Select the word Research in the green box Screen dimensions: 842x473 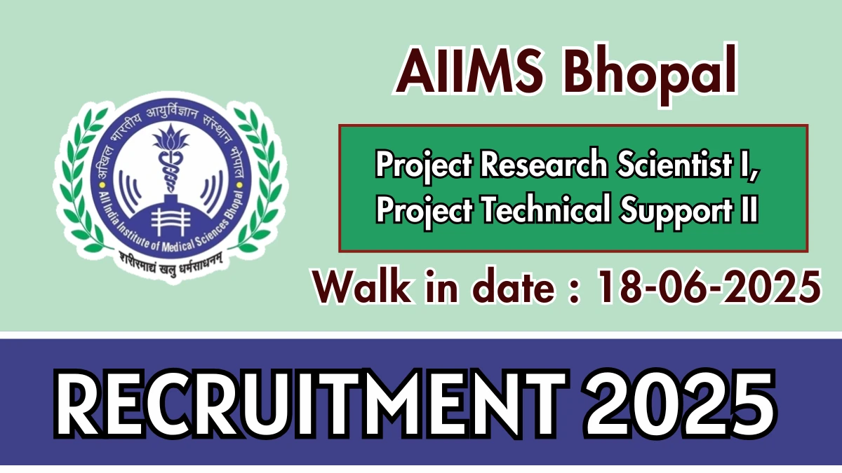[544, 164]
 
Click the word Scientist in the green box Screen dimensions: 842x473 [675, 164]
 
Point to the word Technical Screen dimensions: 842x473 [546, 209]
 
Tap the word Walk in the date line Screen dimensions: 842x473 [361, 287]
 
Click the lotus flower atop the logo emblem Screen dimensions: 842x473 [171, 137]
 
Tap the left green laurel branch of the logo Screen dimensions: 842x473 [81, 180]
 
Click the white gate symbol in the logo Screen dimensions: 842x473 [171, 222]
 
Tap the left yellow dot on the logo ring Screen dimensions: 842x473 [101, 185]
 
